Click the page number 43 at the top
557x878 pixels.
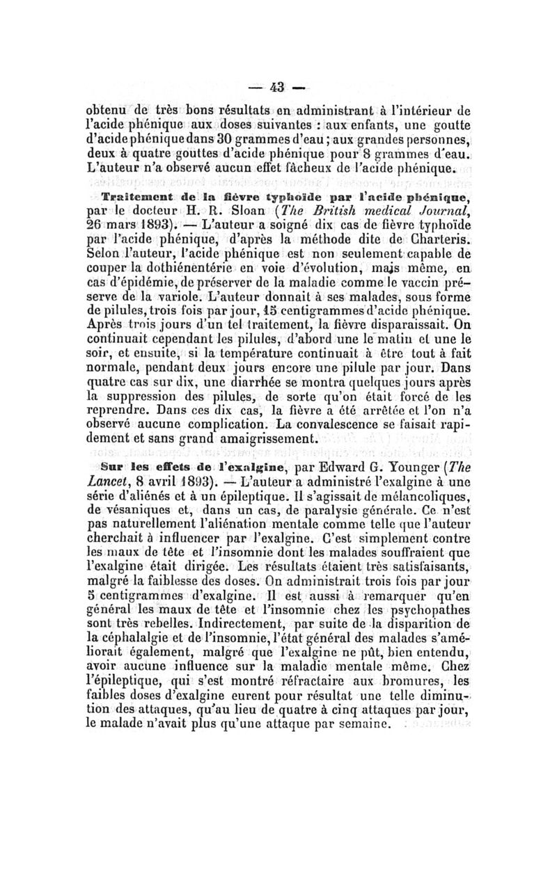(278, 88)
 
